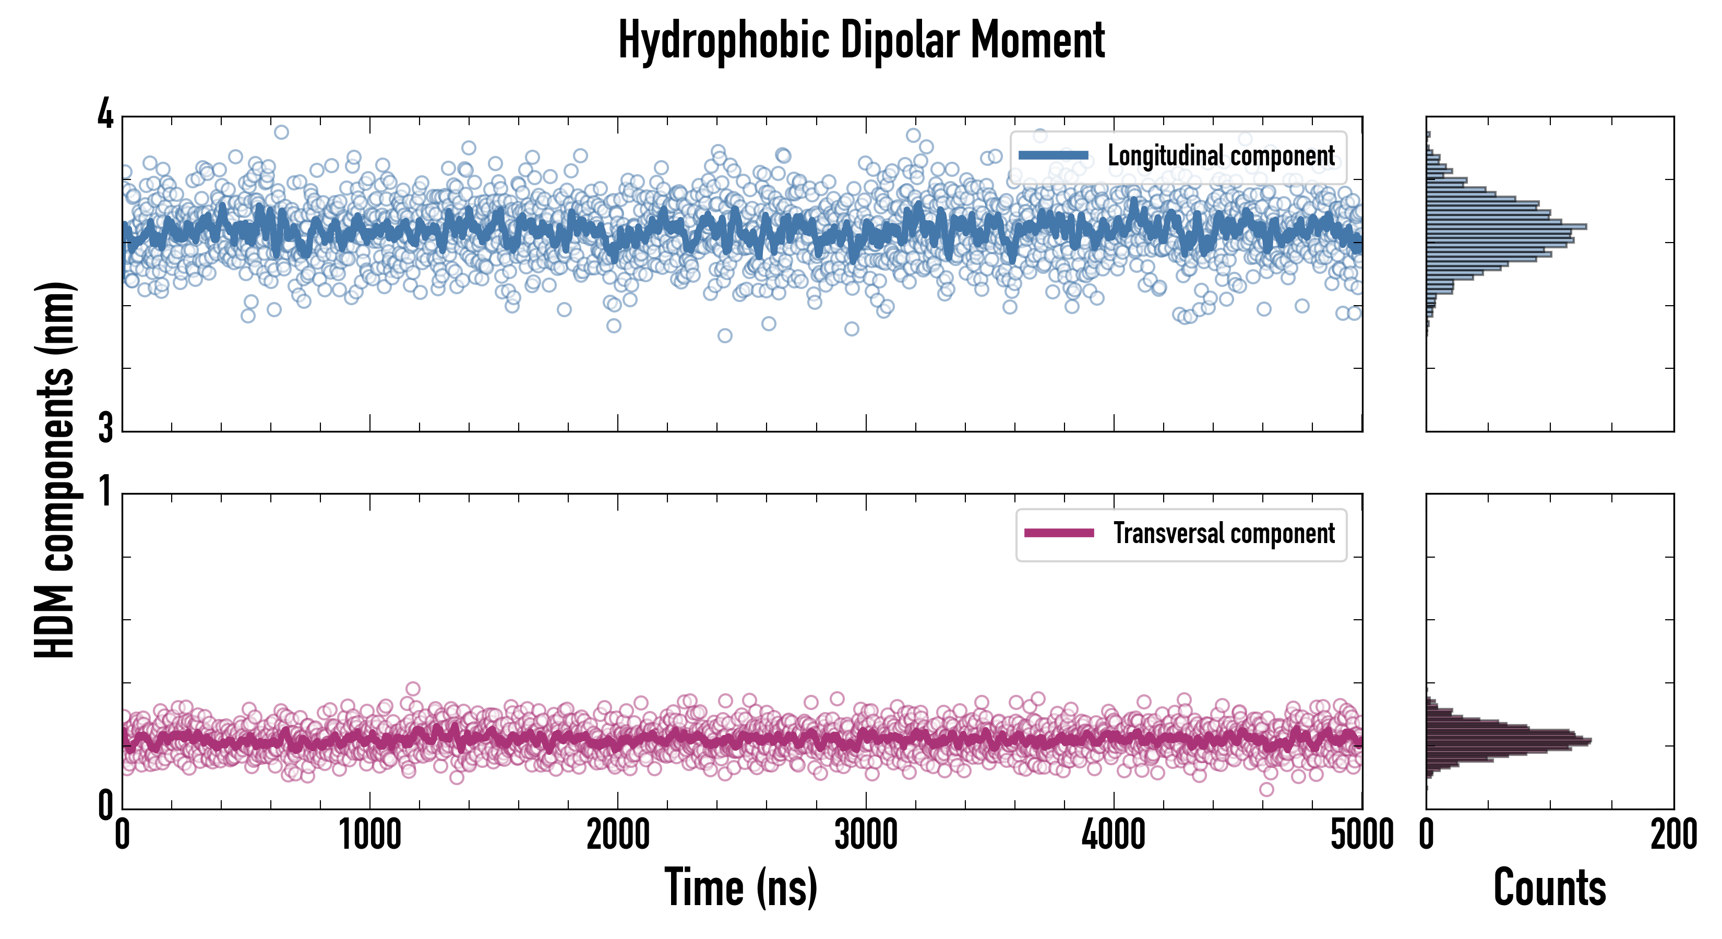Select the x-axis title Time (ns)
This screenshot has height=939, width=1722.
(x=740, y=887)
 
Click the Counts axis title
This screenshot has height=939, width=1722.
(x=1549, y=887)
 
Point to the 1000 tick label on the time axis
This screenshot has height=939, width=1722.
(x=369, y=835)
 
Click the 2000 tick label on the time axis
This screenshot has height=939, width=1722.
(x=618, y=835)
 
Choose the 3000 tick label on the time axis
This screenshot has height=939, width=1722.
(x=866, y=835)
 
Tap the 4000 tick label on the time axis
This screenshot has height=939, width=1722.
(x=1114, y=835)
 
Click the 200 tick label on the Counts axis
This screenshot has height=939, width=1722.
(x=1673, y=835)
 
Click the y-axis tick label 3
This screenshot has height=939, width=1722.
(x=105, y=428)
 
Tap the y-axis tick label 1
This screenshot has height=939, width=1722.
(x=105, y=493)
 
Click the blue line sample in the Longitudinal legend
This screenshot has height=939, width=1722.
(x=1053, y=156)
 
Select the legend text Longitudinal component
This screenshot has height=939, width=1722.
(x=1221, y=156)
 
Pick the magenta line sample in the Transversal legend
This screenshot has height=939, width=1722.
(x=1059, y=533)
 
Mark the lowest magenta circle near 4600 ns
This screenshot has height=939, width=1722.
(x=1266, y=789)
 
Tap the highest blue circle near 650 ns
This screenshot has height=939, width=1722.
(x=281, y=131)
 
